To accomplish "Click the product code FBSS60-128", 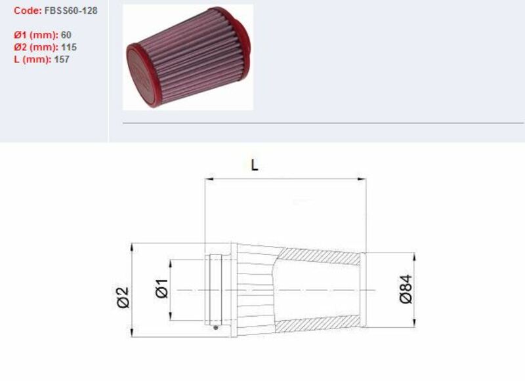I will pos(71,11).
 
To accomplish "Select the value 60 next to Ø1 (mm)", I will pos(66,35).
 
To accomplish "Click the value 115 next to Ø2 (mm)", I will pos(68,47).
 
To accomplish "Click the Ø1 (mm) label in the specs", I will pos(35,35).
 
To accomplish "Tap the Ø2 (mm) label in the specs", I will pos(35,47).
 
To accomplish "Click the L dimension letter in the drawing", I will pos(255,165).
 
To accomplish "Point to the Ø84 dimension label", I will pos(406,289).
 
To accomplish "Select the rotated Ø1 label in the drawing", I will pos(161,289).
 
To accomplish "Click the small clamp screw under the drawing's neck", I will pos(216,327).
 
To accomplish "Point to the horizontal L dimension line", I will pos(285,177).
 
